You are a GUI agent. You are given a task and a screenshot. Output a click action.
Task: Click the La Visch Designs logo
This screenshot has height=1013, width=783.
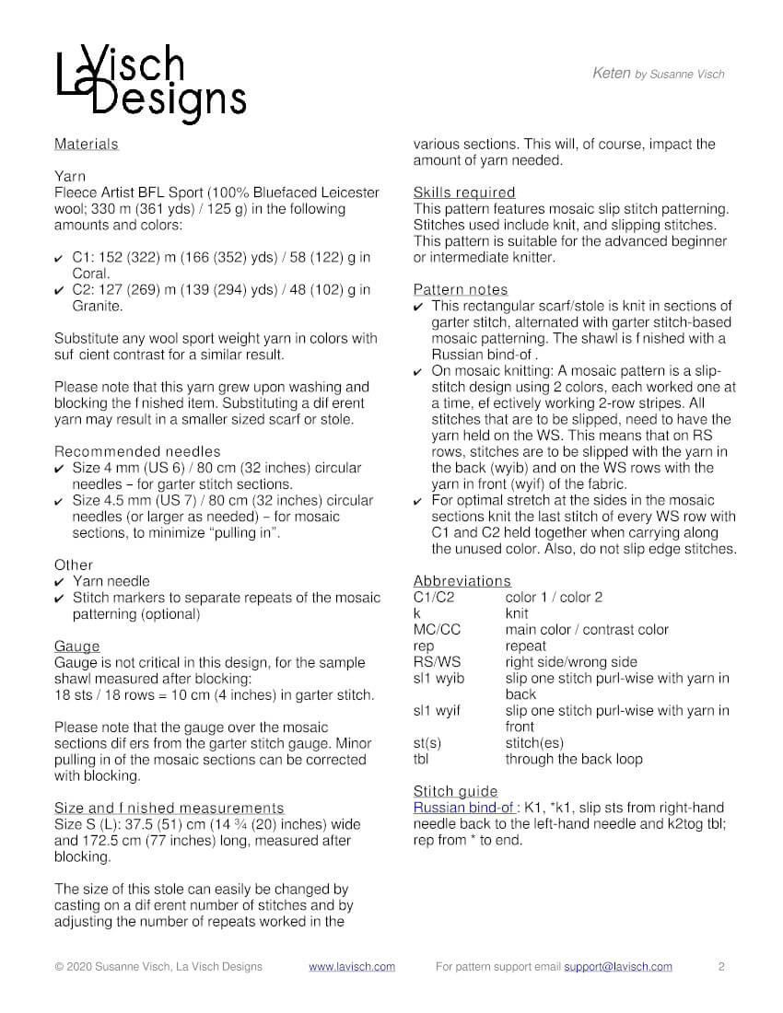[x=150, y=84]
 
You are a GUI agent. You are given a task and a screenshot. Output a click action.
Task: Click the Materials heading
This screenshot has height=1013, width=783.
[x=87, y=144]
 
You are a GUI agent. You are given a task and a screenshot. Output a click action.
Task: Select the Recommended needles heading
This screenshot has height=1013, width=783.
[x=137, y=451]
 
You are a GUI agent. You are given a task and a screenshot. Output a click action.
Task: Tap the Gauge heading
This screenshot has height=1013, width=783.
[x=76, y=646]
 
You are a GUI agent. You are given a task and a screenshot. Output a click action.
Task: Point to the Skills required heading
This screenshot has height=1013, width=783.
[x=464, y=192]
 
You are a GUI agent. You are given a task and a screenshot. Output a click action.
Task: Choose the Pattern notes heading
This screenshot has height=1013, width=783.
[x=461, y=289]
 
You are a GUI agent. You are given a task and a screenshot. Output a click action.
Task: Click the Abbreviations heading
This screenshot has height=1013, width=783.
[x=462, y=580]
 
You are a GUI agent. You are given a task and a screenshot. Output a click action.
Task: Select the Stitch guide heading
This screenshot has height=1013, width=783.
[x=456, y=791]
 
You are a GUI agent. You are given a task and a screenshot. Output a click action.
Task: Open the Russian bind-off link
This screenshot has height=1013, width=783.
[x=464, y=808]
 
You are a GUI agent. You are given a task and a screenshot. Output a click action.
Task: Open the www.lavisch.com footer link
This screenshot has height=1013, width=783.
[x=352, y=967]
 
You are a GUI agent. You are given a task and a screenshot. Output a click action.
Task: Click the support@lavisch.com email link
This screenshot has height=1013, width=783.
[x=618, y=967]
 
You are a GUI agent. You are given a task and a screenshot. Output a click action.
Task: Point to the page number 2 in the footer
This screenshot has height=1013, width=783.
[x=721, y=967]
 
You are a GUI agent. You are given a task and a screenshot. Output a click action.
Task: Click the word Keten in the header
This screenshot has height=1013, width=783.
[x=612, y=74]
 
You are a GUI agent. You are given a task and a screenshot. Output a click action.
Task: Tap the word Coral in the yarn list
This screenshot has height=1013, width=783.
[x=91, y=274]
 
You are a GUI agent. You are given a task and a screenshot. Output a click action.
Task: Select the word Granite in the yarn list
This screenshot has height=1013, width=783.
[x=98, y=306]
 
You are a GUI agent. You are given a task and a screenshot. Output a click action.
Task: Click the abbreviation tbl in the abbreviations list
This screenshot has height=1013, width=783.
[x=422, y=759]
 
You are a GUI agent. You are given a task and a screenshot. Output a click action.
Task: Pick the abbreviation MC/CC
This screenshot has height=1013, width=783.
[x=438, y=629]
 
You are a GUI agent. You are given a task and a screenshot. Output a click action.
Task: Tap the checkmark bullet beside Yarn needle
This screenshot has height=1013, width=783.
[x=60, y=582]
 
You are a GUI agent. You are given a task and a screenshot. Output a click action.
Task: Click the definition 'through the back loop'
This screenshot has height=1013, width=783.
[x=574, y=759]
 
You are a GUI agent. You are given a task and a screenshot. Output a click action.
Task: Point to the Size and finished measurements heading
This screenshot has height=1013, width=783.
[x=169, y=808]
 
